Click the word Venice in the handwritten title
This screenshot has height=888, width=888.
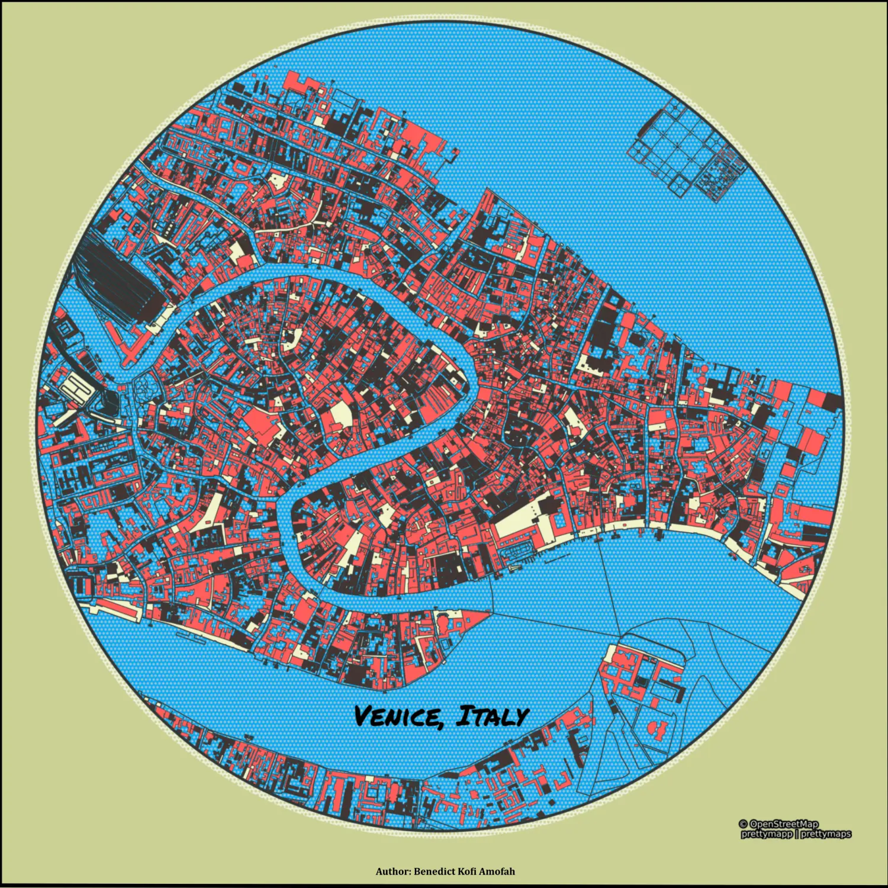click(397, 716)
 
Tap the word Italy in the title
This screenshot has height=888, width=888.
click(491, 716)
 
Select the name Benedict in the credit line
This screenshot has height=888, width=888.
click(436, 871)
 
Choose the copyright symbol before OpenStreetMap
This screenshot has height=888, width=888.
click(744, 824)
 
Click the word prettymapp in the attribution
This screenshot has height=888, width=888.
click(766, 834)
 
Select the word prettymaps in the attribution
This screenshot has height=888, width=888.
click(825, 834)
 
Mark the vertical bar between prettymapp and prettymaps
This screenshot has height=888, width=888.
click(796, 834)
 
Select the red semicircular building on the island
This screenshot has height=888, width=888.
click(657, 730)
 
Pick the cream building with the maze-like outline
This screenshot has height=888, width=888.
click(73, 391)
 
